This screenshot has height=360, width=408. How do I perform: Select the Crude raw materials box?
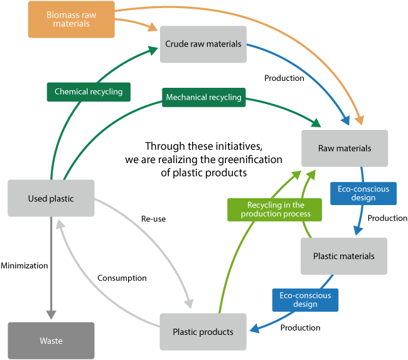click(x=203, y=45)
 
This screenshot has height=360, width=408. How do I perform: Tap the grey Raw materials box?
click(x=345, y=148)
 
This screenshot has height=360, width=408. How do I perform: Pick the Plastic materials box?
click(x=343, y=256)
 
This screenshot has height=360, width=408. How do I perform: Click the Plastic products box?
click(x=203, y=332)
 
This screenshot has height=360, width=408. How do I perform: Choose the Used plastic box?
click(x=51, y=199)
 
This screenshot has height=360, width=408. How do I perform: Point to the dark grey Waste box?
click(x=51, y=341)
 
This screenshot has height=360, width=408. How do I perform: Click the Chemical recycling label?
click(x=89, y=92)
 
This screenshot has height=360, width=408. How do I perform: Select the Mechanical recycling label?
click(x=203, y=97)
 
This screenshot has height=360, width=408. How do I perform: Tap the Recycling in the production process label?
click(x=275, y=209)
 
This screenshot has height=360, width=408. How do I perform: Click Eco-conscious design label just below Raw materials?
click(x=363, y=193)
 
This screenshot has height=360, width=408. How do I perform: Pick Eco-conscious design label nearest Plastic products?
click(x=305, y=300)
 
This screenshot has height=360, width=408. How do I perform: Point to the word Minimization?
click(x=24, y=265)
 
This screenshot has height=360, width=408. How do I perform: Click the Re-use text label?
click(x=153, y=219)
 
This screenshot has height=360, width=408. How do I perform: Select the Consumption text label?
click(x=122, y=278)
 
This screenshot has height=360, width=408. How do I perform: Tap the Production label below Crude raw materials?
click(x=284, y=78)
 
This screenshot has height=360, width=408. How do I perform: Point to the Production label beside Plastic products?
click(x=300, y=327)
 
